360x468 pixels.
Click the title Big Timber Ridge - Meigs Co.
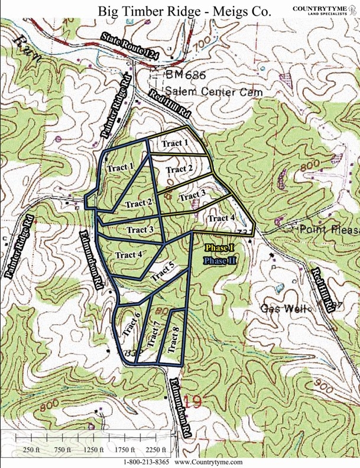177,11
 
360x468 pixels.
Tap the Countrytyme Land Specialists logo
324,10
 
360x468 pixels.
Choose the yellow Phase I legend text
220,247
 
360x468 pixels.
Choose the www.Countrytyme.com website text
209,461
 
